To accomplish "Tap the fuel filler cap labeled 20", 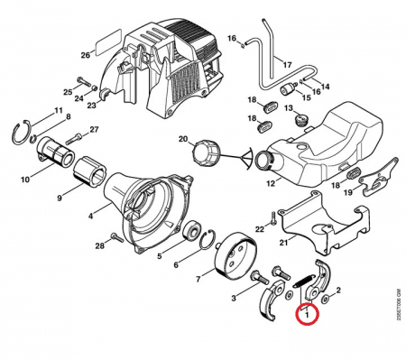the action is (204, 152).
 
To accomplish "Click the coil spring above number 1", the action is (304, 281).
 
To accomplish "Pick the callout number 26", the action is (86, 55).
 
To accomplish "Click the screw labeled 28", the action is (116, 237).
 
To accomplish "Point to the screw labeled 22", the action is (272, 217).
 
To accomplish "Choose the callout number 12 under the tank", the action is (271, 183).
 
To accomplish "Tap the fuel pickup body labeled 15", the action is (289, 89).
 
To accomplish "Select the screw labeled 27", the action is (73, 138).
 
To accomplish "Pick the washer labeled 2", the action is (326, 300).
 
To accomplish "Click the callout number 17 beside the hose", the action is (287, 65).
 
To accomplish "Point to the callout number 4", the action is (90, 216).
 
